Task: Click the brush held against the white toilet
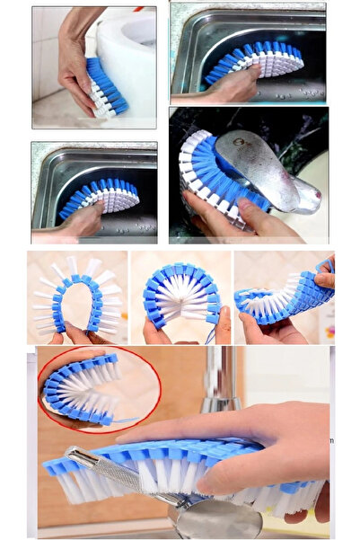pos(105,86)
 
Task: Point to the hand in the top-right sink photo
pos(235,88)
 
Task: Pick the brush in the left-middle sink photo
pos(101,197)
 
